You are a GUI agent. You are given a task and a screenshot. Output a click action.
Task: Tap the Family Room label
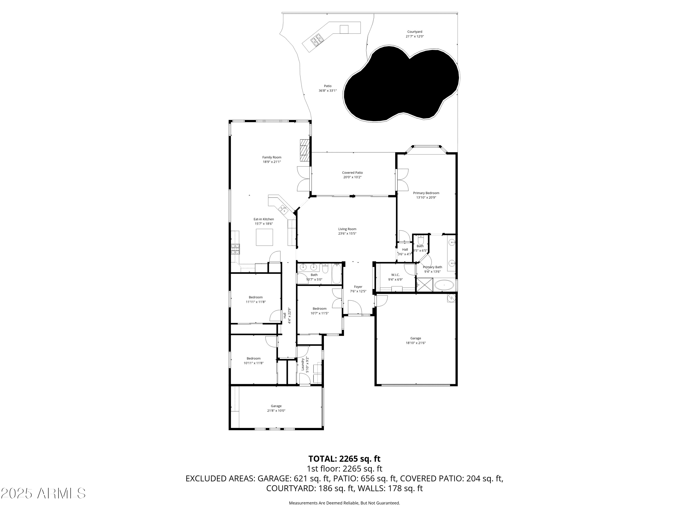tap(272, 157)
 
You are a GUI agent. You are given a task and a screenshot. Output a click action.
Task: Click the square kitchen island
tap(264, 237)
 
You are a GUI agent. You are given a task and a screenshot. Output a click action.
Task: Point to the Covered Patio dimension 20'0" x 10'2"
tap(352, 177)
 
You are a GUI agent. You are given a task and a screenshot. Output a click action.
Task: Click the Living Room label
tap(347, 229)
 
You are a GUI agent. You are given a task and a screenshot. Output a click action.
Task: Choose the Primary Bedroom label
tap(426, 193)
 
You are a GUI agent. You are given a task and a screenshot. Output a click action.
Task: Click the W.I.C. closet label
tap(395, 275)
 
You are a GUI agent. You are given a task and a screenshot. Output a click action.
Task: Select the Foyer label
tap(358, 287)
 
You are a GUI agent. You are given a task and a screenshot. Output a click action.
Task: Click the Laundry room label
tap(302, 364)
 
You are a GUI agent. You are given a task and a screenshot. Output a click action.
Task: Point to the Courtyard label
tap(415, 32)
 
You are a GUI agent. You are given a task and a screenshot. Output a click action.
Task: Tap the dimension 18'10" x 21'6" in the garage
tap(415, 343)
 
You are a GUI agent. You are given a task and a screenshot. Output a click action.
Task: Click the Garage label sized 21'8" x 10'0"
tap(276, 406)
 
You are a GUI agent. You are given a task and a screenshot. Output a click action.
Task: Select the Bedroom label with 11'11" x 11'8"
tap(255, 297)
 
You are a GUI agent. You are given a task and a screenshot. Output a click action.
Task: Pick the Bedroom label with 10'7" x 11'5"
tap(319, 309)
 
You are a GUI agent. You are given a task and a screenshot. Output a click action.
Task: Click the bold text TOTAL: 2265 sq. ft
tap(344, 459)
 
